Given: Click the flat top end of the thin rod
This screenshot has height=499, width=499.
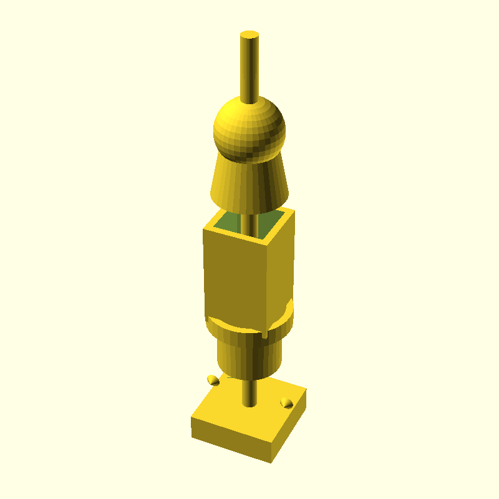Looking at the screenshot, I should pyautogui.click(x=249, y=34).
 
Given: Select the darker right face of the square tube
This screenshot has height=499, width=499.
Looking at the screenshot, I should pyautogui.click(x=281, y=268).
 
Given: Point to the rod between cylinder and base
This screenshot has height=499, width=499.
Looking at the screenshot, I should pyautogui.click(x=248, y=390).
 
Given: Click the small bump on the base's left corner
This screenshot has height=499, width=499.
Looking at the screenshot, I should pyautogui.click(x=213, y=380).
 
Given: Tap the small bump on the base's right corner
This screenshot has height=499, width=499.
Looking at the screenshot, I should pyautogui.click(x=286, y=402).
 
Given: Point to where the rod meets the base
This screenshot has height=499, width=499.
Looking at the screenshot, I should pyautogui.click(x=248, y=404).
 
